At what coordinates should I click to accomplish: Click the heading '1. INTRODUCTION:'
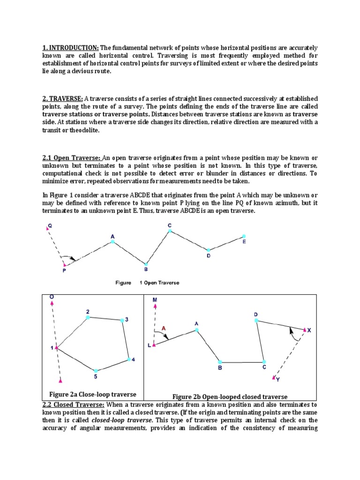click(x=70, y=48)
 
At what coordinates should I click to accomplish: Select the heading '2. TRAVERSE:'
click(x=62, y=99)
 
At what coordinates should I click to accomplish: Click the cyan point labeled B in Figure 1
click(x=146, y=264)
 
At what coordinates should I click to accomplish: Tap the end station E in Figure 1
click(x=243, y=236)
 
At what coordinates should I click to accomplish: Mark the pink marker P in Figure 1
click(x=64, y=265)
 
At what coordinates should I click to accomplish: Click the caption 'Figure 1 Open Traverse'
click(x=147, y=283)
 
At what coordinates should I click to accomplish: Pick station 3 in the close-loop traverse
click(x=122, y=320)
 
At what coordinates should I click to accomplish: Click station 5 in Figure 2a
click(x=96, y=371)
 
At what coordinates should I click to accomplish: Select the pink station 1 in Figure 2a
click(x=56, y=348)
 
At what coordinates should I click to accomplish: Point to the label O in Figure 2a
click(x=52, y=297)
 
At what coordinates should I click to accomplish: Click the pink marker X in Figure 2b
click(x=305, y=330)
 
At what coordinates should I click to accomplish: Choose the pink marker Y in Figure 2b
click(x=274, y=376)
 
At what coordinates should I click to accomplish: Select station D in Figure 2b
click(x=256, y=320)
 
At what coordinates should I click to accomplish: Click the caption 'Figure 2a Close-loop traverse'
click(x=93, y=394)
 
